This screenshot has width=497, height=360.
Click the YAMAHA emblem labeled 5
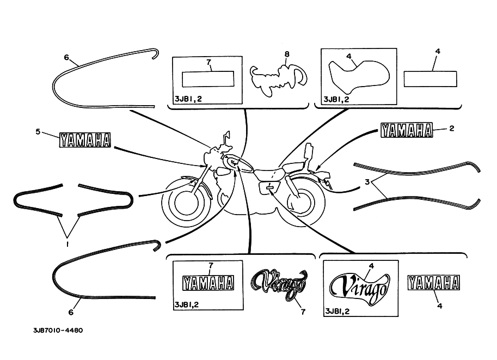[x=85, y=140]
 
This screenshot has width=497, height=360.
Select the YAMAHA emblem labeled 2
[x=407, y=130]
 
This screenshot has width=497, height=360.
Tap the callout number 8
[x=287, y=54]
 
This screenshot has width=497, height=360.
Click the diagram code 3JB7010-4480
[x=58, y=330]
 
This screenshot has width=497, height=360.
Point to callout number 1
[x=67, y=244]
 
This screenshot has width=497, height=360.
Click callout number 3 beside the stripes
[x=367, y=182]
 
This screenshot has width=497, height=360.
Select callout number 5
[x=38, y=131]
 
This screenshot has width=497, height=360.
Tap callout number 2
[x=452, y=128]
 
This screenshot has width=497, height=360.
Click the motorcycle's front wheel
[x=183, y=203]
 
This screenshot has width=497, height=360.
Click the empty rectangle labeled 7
[x=208, y=78]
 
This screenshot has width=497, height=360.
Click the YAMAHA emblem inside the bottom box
[x=208, y=283]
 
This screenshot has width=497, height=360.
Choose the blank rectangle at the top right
[x=430, y=78]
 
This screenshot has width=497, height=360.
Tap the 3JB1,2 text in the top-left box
[x=188, y=99]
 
